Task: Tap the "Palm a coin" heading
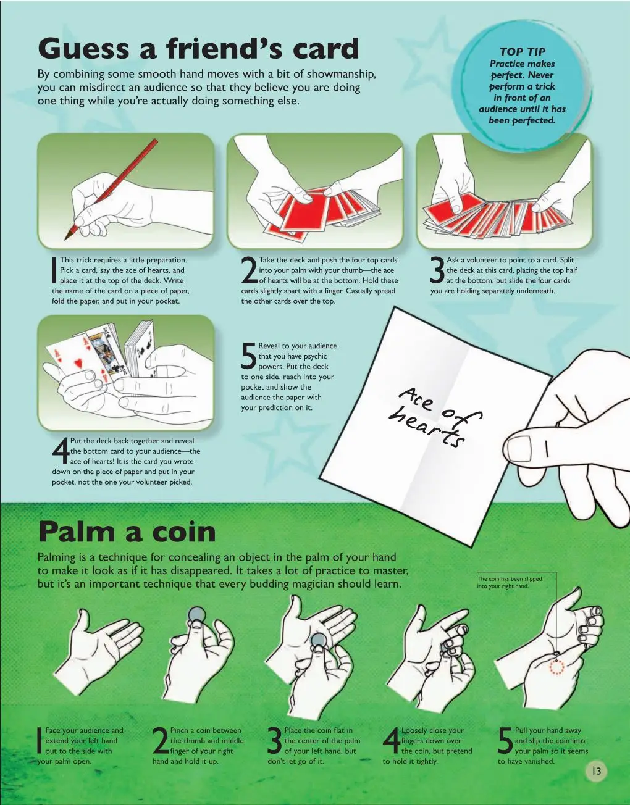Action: (x=127, y=532)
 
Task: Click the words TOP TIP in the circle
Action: (x=522, y=51)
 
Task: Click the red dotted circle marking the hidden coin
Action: (x=556, y=667)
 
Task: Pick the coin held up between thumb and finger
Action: (x=196, y=615)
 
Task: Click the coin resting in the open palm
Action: (x=319, y=641)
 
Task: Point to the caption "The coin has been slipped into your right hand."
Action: (x=510, y=582)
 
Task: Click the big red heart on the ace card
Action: (x=78, y=364)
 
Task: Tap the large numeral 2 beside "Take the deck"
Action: (x=250, y=270)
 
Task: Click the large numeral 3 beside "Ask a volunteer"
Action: (x=437, y=270)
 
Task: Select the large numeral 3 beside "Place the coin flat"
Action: (x=275, y=741)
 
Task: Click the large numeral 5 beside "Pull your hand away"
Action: (x=505, y=741)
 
